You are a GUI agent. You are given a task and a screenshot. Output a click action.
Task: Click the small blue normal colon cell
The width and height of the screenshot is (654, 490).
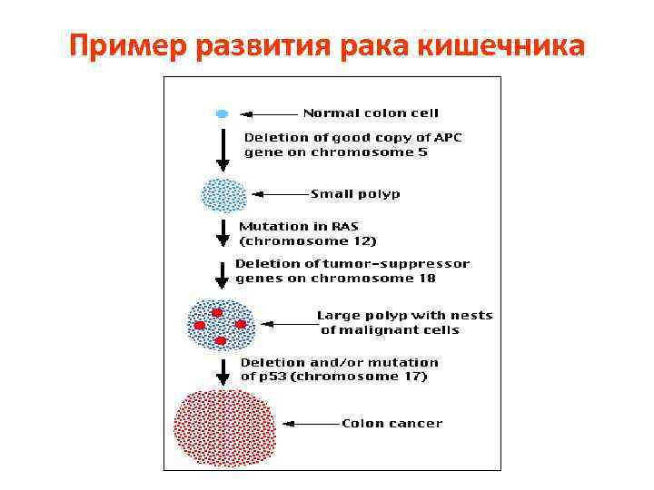coord(221,114)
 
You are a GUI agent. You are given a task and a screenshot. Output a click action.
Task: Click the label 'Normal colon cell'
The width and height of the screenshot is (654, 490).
coord(371,113)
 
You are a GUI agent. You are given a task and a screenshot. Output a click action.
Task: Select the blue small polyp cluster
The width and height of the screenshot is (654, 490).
coord(223,194)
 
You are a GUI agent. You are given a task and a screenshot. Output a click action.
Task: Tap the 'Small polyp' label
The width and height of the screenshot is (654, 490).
coord(355,193)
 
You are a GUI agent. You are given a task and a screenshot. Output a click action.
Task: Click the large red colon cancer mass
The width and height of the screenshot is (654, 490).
coord(224,427)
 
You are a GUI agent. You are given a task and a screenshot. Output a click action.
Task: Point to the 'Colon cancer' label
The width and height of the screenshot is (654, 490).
coord(391,423)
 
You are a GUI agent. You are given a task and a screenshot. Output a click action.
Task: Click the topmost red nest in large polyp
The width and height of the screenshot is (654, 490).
coord(217,312)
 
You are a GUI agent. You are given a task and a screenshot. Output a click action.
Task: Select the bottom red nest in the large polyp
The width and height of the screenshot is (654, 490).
coord(220,340)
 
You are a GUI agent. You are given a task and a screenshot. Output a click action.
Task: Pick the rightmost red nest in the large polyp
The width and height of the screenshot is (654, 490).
coord(241,324)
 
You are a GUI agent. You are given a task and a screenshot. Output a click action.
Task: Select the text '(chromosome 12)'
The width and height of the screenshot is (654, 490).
coord(307,241)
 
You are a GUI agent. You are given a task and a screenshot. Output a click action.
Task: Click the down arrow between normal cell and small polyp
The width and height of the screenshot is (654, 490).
coord(223,151)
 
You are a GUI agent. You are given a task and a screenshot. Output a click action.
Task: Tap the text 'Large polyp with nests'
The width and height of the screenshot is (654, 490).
coord(404,316)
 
